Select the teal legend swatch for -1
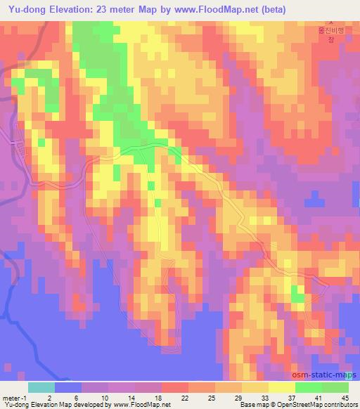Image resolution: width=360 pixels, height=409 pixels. coord(41,387)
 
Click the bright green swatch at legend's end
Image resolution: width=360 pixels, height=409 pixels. coord(335,387)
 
